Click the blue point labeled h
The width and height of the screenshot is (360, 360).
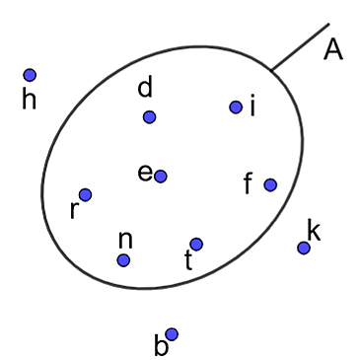click(30, 75)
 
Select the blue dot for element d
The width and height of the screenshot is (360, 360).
click(149, 116)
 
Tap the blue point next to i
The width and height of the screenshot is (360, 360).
click(236, 107)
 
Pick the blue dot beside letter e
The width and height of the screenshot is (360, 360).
click(161, 177)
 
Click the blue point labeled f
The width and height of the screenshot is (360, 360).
click(270, 184)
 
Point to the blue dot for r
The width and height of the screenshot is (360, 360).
click(85, 194)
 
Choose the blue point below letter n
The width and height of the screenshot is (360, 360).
click(123, 260)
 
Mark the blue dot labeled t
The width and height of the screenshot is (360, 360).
click(196, 244)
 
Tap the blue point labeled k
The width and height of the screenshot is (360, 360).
click(304, 248)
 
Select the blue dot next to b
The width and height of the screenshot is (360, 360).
click(172, 334)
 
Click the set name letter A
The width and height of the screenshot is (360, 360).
click(333, 49)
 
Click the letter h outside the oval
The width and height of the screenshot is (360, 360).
click(29, 99)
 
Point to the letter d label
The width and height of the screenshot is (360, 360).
click(145, 87)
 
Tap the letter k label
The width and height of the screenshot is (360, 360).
click(314, 230)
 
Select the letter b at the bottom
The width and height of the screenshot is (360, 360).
click(161, 345)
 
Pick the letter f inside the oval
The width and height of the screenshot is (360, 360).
click(249, 183)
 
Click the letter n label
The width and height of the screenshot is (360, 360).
click(125, 240)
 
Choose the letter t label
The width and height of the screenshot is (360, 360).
click(188, 260)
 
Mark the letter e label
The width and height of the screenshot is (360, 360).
click(145, 173)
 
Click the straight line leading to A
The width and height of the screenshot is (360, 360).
click(300, 46)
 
